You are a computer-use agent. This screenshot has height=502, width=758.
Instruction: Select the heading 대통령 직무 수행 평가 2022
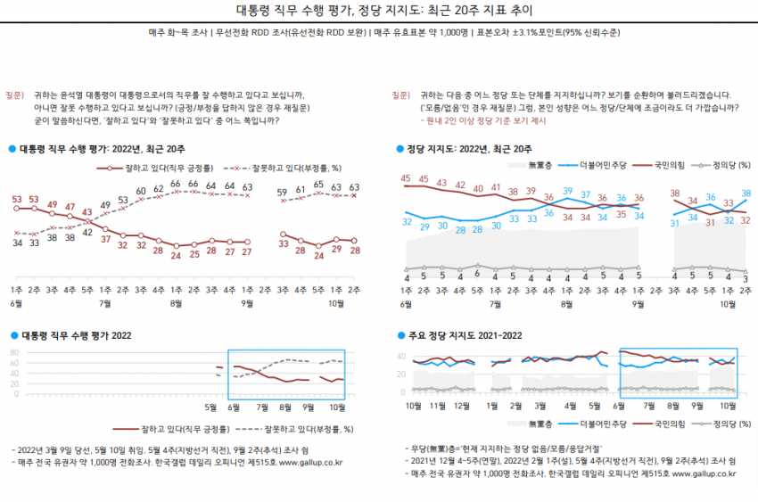(76, 335)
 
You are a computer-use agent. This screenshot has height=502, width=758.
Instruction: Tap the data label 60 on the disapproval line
(141, 191)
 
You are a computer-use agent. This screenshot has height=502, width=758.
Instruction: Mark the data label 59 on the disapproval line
(282, 192)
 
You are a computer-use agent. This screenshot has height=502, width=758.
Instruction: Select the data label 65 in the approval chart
(317, 185)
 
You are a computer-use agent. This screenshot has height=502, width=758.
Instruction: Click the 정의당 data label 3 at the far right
(746, 279)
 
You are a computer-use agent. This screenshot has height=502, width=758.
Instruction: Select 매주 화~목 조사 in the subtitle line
(175, 33)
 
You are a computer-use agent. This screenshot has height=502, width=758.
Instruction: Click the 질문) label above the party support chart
(400, 95)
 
